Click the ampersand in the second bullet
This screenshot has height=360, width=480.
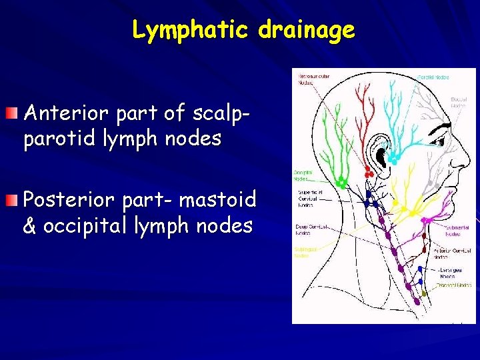29,227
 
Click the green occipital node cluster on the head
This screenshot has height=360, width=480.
342,181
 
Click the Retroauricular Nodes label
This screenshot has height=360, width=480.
314,79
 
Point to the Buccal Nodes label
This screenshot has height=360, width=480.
458,102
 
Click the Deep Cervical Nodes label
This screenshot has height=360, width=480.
311,230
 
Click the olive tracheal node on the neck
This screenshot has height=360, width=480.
424,293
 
